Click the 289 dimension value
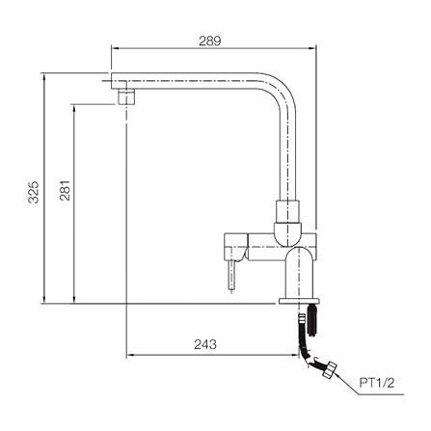210,41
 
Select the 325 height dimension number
33,192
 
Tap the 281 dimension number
65,190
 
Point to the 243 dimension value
205,344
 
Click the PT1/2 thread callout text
377,383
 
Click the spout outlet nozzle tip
126,96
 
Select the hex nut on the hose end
330,369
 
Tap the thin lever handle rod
232,276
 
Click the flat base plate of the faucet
299,301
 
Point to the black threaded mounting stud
312,320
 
